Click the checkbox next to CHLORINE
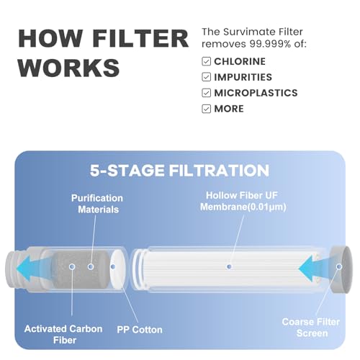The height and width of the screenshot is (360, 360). (206, 61)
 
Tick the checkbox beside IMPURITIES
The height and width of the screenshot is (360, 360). (206, 77)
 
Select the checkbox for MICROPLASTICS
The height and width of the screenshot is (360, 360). (206, 93)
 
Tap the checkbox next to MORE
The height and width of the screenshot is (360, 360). (206, 109)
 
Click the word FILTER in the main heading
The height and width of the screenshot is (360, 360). (140, 39)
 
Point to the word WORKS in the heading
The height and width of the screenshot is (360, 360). (69, 68)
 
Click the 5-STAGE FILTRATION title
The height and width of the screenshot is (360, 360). (179, 171)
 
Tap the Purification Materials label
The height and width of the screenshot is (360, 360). (97, 204)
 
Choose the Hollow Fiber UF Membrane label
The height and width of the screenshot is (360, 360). (243, 201)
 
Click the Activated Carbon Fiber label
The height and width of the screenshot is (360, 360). (63, 334)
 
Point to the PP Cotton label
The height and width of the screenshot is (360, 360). (140, 330)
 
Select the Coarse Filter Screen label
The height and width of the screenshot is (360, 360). (311, 328)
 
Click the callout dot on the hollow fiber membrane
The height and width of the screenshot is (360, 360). (229, 266)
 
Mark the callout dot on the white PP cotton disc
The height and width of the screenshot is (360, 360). (113, 266)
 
